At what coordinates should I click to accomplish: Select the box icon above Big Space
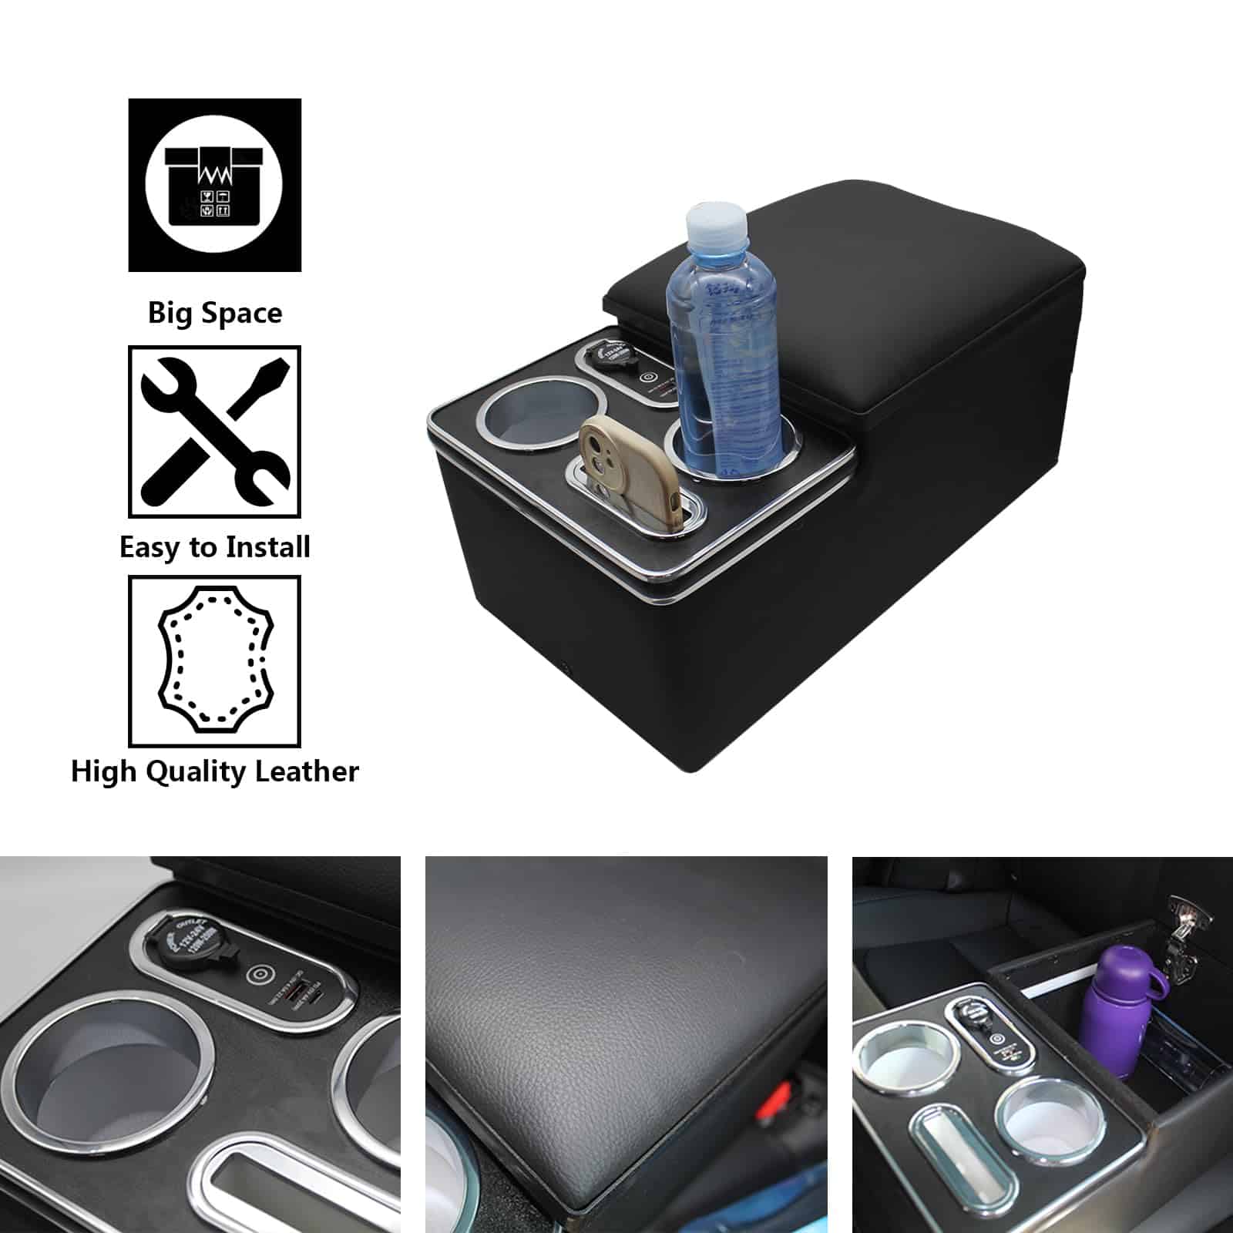coord(214,184)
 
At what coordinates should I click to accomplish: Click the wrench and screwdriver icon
coord(214,432)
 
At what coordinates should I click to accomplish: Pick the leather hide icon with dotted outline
coord(214,661)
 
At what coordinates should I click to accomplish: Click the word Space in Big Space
coord(246,314)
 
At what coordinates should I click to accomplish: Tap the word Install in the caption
coord(264,548)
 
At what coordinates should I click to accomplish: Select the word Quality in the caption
coord(208,772)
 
